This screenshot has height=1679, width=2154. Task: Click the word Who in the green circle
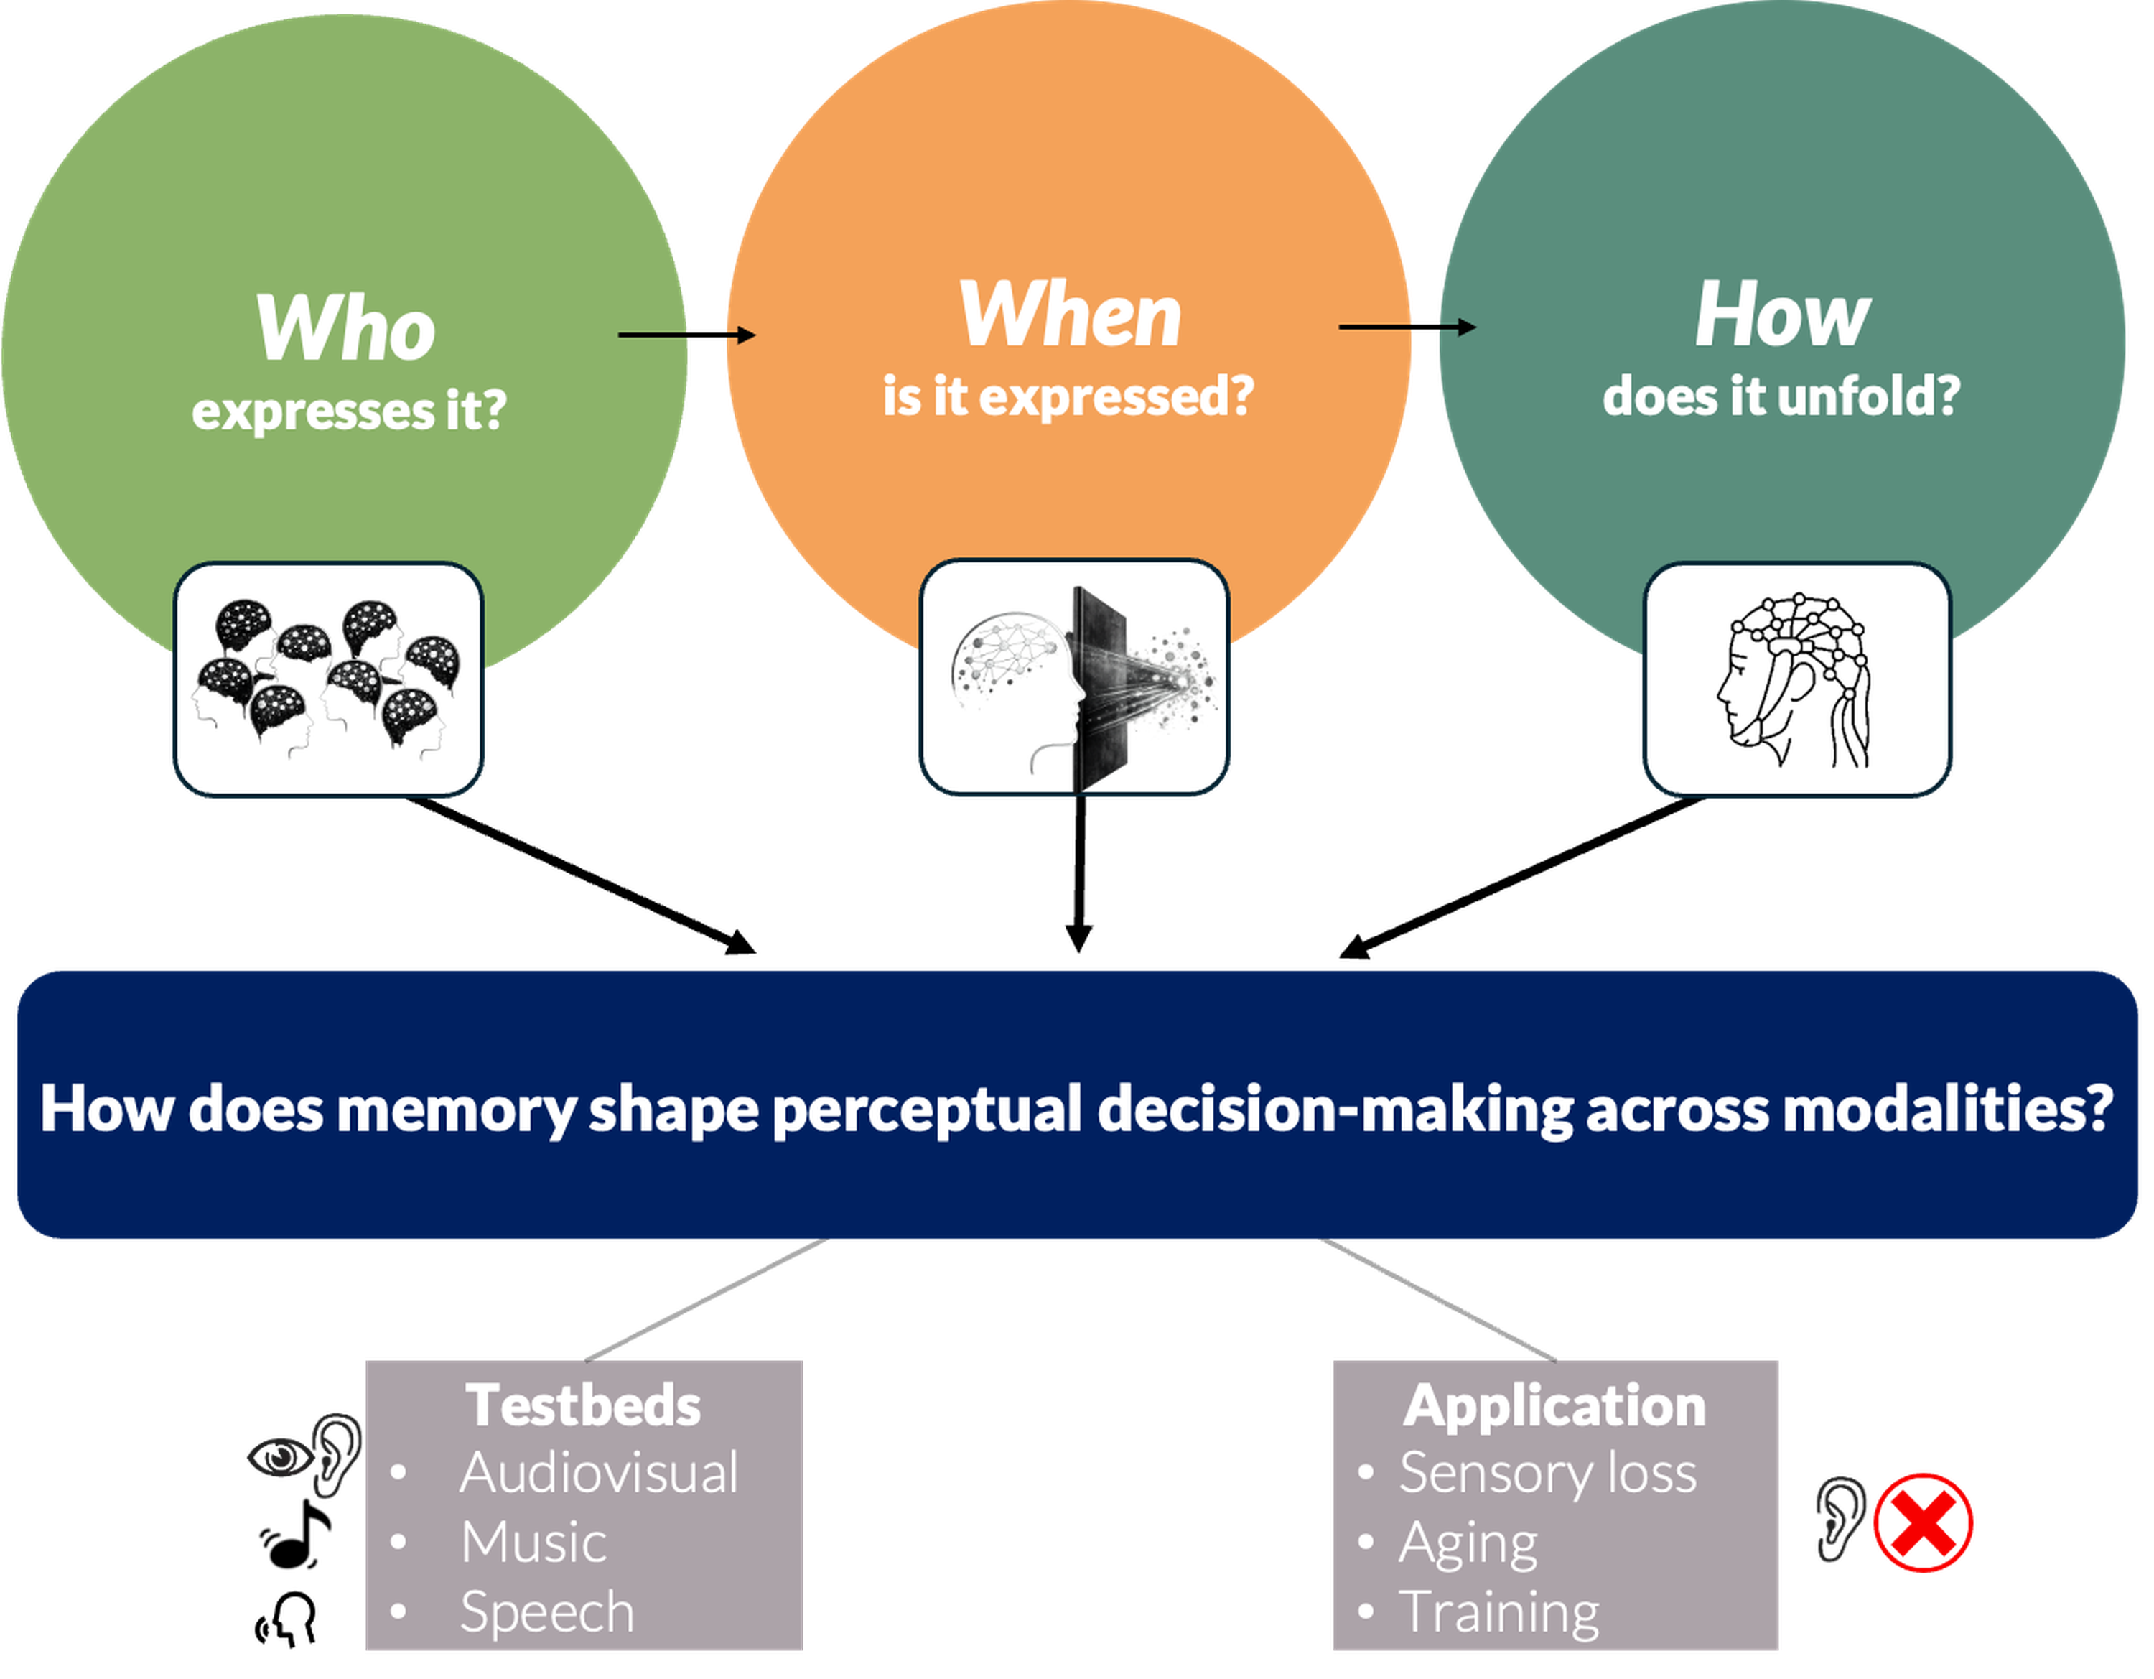pos(345,328)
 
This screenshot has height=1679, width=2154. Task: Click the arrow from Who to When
pos(686,335)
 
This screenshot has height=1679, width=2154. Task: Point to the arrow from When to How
pos(1407,327)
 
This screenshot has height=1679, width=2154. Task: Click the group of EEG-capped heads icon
pos(328,679)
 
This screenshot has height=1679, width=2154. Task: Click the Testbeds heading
pos(584,1405)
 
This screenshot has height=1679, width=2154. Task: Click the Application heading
pos(1554,1405)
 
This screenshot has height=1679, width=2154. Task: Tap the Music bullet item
pos(533,1542)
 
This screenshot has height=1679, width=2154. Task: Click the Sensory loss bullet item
pos(1547,1473)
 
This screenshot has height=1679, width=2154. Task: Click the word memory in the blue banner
pos(456,1109)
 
